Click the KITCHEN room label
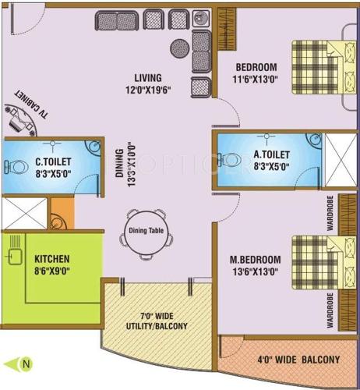click(x=52, y=258)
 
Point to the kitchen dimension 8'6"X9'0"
click(x=52, y=271)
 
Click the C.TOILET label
click(x=53, y=162)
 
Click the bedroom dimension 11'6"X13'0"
click(x=252, y=79)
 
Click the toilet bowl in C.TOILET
click(x=12, y=165)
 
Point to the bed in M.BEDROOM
click(x=316, y=264)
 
